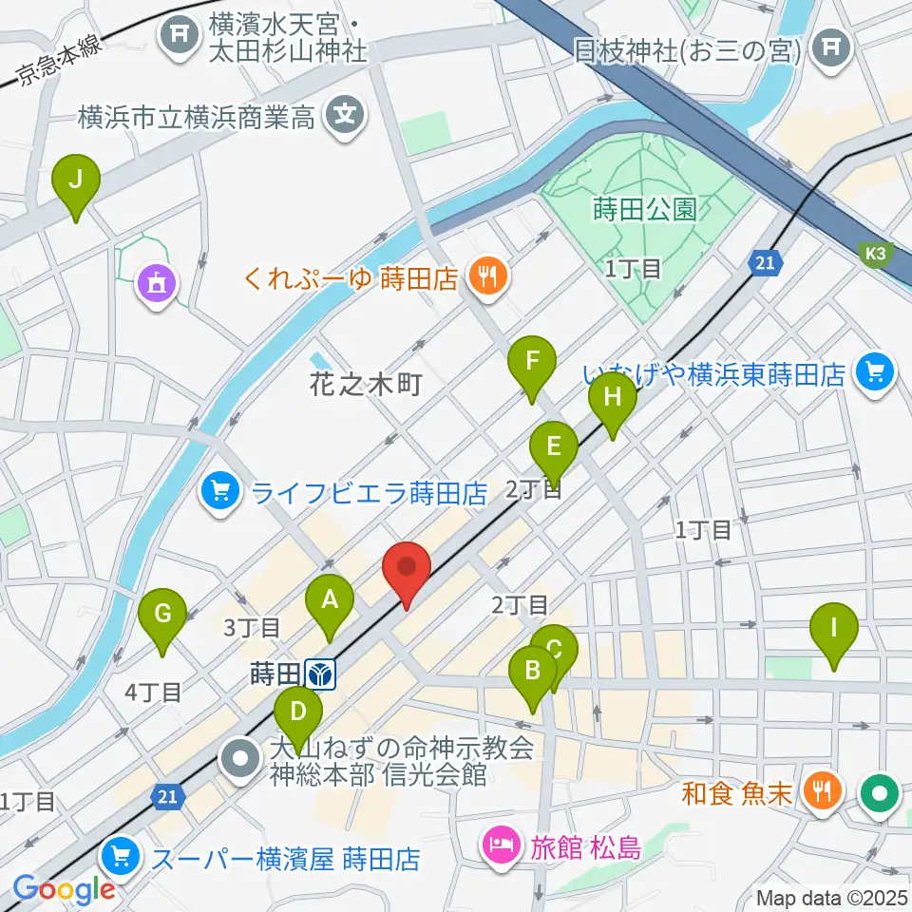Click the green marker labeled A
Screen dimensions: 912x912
point(330,600)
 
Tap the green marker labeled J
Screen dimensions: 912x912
point(76,180)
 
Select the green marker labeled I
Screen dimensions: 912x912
point(834,628)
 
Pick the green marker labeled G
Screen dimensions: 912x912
point(162,615)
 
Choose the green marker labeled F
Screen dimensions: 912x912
point(532,362)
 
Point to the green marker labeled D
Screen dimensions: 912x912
point(298,712)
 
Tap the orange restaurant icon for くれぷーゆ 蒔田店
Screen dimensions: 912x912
point(488,277)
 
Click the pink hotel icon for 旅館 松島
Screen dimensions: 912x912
point(501,842)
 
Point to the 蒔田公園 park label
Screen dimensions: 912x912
point(644,208)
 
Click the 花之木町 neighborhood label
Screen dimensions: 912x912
point(365,385)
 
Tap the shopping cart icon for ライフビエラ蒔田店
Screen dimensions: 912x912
point(220,492)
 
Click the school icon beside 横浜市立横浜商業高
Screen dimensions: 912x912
point(344,117)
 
